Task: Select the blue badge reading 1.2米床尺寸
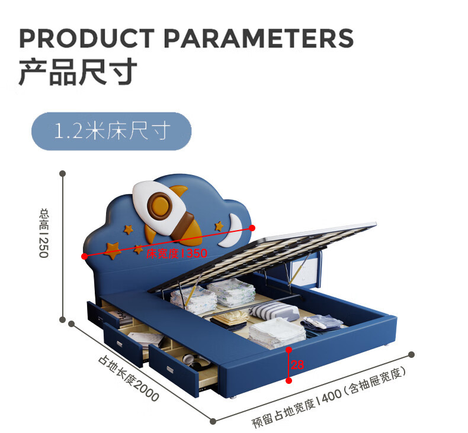pyautogui.click(x=111, y=131)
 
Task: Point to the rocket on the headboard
pyautogui.click(x=169, y=210)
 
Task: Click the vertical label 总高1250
pyautogui.click(x=43, y=232)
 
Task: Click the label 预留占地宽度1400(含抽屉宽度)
pyautogui.click(x=328, y=398)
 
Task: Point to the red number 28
pyautogui.click(x=298, y=366)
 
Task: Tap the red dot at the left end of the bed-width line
pyautogui.click(x=85, y=256)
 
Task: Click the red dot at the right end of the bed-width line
pyautogui.click(x=253, y=227)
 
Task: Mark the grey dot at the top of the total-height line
pyautogui.click(x=62, y=173)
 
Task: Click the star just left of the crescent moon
pyautogui.click(x=219, y=226)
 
